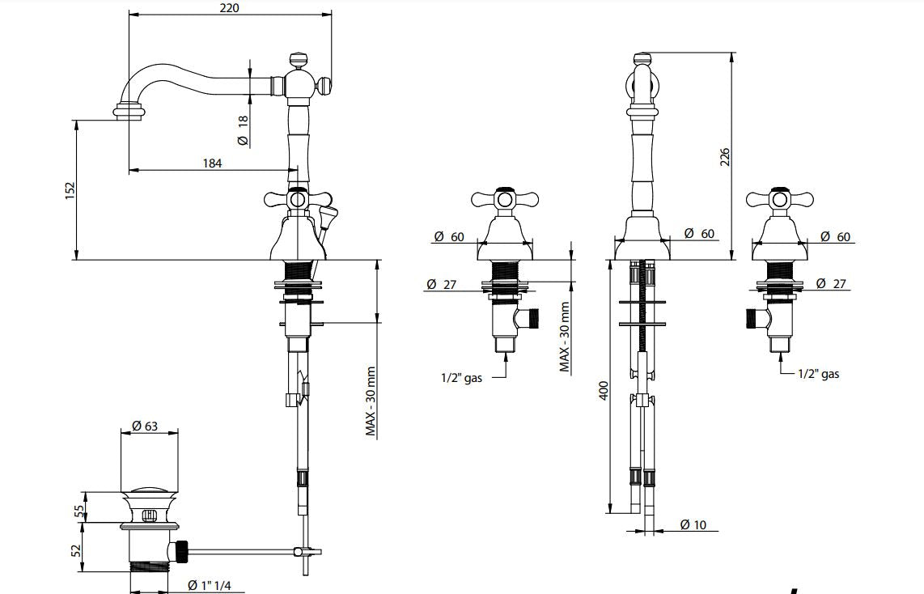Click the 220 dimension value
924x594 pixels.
point(230,8)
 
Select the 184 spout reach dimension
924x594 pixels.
point(212,163)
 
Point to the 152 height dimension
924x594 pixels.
point(70,189)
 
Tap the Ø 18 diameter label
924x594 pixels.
point(243,130)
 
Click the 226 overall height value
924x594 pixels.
point(725,157)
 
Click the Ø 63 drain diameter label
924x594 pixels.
point(145,426)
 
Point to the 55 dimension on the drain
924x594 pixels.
point(78,511)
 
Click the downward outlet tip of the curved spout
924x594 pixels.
point(129,114)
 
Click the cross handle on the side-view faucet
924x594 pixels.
point(298,199)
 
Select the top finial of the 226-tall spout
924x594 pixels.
point(642,58)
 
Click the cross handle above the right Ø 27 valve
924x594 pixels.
point(778,199)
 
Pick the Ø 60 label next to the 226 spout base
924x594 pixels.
point(699,233)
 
